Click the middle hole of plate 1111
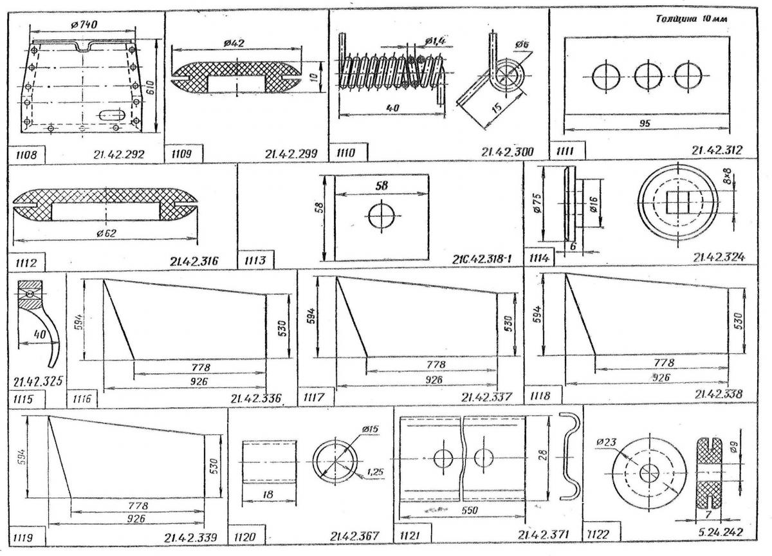coord(645,77)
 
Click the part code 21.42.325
coord(37,382)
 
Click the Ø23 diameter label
coord(607,442)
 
